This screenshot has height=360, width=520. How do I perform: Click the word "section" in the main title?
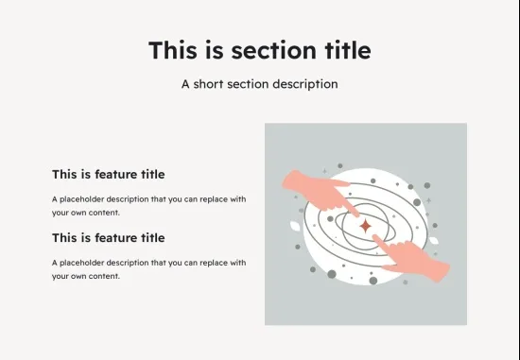coord(273,50)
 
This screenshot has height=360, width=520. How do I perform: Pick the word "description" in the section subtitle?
coord(305,84)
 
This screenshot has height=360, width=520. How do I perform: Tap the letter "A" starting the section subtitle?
coord(185,84)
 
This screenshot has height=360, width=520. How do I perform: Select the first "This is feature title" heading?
coord(109,175)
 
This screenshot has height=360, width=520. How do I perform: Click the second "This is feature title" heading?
coord(109,238)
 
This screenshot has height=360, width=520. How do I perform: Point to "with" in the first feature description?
coord(238,199)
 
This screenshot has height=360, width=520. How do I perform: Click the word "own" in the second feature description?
coord(79,277)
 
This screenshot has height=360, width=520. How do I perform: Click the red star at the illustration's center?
coord(366,226)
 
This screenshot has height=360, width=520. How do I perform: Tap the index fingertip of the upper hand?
coord(356,214)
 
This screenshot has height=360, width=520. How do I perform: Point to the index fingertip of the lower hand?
coord(374,237)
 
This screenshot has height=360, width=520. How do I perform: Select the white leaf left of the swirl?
coord(295,226)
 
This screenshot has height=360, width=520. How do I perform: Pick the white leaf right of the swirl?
coord(434,240)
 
